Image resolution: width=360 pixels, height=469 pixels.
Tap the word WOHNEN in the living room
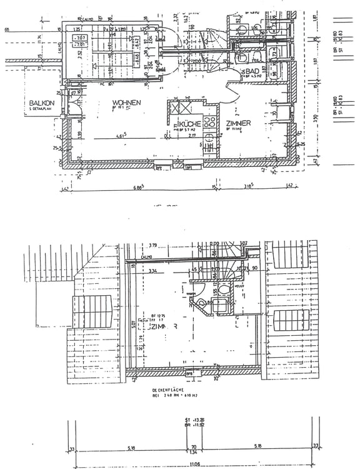pyautogui.click(x=126, y=103)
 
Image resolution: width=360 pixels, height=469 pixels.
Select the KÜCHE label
pyautogui.click(x=190, y=124)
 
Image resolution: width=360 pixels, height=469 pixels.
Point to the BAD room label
pyautogui.click(x=252, y=73)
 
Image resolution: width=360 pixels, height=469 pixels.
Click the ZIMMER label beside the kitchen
pyautogui.click(x=238, y=124)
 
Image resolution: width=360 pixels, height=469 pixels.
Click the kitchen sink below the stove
pyautogui.click(x=209, y=148)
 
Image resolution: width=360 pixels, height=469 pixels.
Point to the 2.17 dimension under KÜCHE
pyautogui.click(x=192, y=135)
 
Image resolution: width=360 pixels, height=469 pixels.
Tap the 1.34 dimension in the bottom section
pyautogui.click(x=194, y=453)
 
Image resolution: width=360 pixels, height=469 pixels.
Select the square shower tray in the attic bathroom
pyautogui.click(x=221, y=306)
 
